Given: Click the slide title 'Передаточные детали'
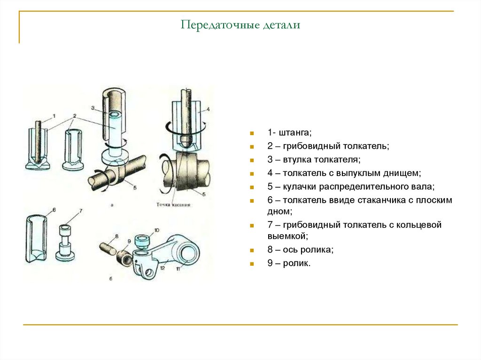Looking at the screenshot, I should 240,25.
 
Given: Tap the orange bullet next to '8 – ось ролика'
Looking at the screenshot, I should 252,251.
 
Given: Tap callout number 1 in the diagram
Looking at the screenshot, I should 54,115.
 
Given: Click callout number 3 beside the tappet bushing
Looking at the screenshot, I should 93,108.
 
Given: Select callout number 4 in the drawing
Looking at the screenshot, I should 208,109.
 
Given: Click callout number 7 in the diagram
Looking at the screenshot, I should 80,211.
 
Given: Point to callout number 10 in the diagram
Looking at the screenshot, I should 157,230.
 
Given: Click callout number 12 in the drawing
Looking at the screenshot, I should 162,268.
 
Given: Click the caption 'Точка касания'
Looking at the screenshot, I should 173,205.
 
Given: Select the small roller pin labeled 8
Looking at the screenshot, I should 108,247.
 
